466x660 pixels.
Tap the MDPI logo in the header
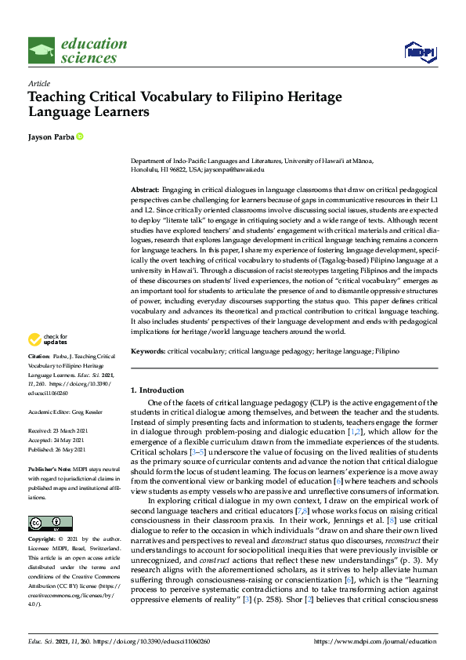coord(418,52)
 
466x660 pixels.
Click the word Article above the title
coord(38,83)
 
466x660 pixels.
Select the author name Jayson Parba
coord(50,138)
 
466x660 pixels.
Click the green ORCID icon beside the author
coord(79,138)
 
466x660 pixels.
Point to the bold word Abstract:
coord(144,190)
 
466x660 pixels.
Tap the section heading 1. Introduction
coord(157,390)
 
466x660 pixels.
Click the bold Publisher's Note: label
coord(50,468)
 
